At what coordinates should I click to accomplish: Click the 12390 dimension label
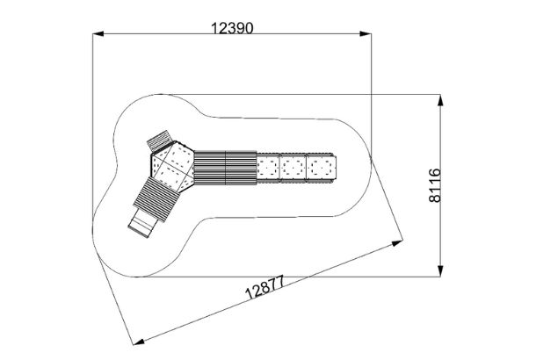coord(232,28)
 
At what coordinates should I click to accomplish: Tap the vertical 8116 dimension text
coord(435,185)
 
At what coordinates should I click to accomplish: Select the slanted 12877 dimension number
coord(264,287)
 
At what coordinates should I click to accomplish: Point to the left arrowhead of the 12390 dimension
coord(98,34)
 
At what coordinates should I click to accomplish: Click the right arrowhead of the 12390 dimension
coord(365,34)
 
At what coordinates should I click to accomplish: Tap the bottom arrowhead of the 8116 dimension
coord(440,271)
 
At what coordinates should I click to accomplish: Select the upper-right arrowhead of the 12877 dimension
coord(397,243)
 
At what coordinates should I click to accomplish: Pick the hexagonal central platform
coord(172,164)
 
